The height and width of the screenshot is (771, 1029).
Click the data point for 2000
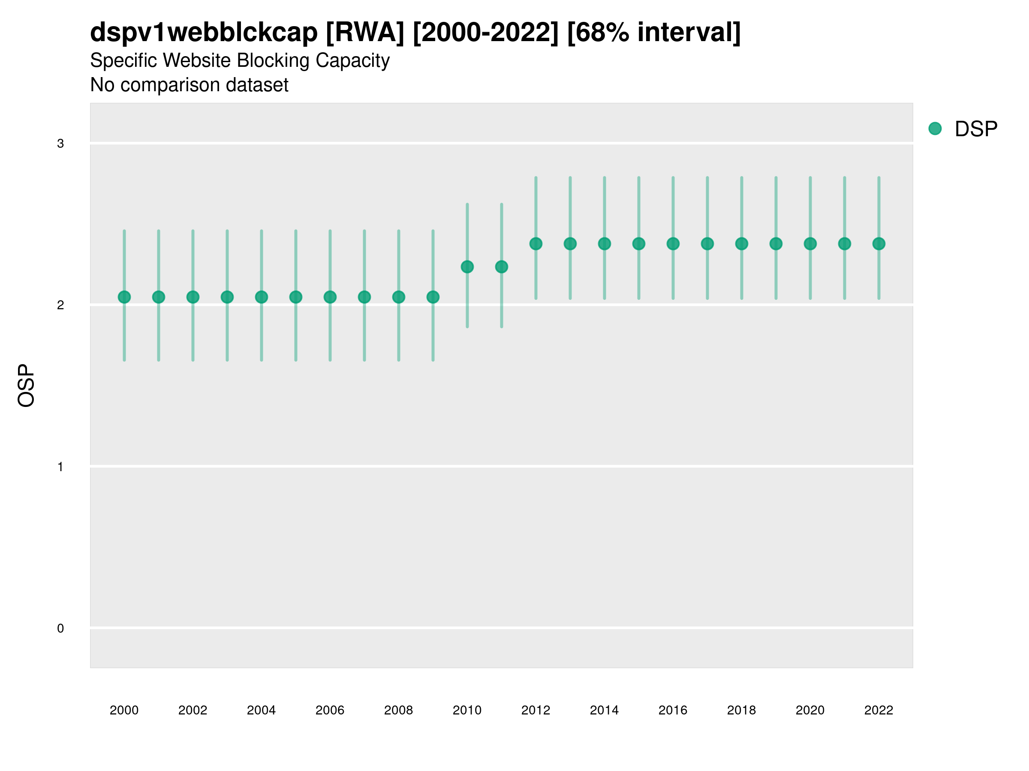point(124,297)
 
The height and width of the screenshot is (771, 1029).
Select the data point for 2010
point(467,267)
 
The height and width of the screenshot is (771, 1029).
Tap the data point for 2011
point(502,267)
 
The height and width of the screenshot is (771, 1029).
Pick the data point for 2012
point(536,244)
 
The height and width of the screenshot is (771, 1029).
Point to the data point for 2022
point(879,244)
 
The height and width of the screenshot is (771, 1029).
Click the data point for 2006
point(330,297)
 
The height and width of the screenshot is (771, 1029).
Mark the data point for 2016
point(673,244)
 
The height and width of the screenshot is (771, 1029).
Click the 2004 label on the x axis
point(261,710)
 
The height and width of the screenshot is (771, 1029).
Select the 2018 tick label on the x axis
point(741,710)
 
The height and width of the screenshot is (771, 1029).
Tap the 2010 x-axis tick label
point(467,710)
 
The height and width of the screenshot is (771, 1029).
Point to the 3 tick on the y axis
point(60,143)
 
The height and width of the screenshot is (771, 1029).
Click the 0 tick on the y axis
point(60,628)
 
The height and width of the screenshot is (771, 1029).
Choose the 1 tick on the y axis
point(60,466)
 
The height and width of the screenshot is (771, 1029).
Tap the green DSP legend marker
point(935,129)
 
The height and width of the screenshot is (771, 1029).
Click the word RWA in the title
point(365,33)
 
